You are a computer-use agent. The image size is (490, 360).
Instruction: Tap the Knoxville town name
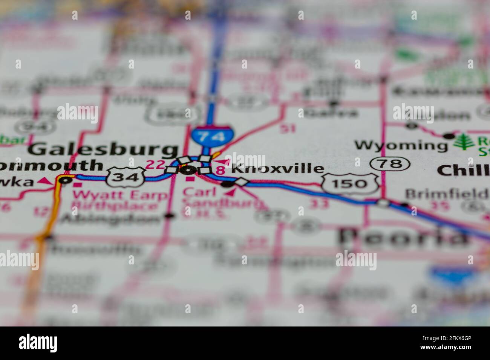pos(277,169)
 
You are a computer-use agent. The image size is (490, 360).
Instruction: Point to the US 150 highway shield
pos(350,183)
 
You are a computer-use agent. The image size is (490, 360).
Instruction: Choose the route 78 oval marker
pos(390,163)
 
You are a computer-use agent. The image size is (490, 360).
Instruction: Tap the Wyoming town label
pos(401,145)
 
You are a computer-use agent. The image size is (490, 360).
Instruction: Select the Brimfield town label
pos(447,194)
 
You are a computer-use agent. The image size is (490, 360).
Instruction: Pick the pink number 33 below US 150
pos(318,204)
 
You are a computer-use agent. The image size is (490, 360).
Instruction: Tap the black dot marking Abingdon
pos(169,216)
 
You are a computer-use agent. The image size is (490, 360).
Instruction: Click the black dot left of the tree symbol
pos(448,136)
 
